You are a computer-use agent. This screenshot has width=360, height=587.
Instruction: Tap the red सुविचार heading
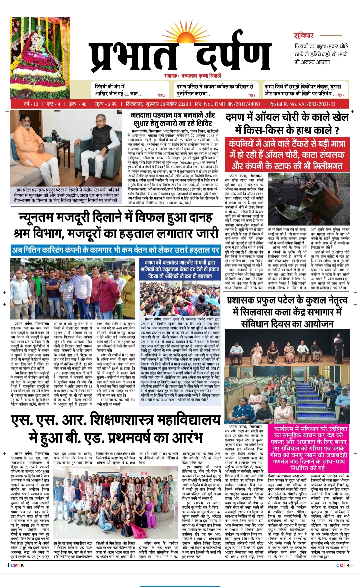coord(303,35)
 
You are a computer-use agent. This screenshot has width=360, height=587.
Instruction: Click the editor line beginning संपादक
coord(192,76)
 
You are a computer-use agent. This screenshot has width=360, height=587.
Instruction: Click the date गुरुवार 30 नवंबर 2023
coord(167,104)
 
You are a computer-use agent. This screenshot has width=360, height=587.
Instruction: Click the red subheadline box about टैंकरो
coord(287,155)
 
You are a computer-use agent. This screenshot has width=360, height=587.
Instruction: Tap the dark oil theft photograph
coord(309,199)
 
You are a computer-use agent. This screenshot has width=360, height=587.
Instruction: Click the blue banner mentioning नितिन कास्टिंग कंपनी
coord(116,250)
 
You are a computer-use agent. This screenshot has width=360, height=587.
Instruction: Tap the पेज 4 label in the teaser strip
coord(341,95)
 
